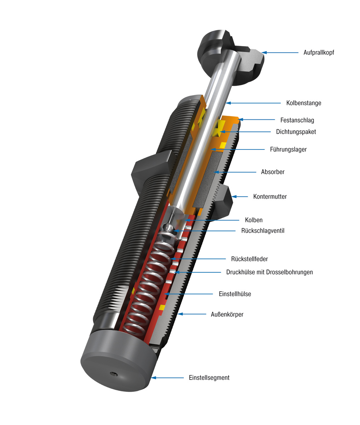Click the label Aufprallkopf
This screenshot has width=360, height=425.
pyautogui.click(x=319, y=52)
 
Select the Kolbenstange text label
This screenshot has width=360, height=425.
pyautogui.click(x=303, y=103)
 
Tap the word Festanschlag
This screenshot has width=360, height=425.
pyautogui.click(x=297, y=120)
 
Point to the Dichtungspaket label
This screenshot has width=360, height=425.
pyautogui.click(x=296, y=132)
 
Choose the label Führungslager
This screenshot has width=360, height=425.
pyautogui.click(x=288, y=149)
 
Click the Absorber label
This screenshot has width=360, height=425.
pyautogui.click(x=273, y=172)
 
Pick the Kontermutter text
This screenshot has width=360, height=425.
pyautogui.click(x=270, y=197)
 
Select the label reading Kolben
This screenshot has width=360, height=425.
pyautogui.click(x=253, y=220)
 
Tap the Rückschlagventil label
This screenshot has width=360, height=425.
pyautogui.click(x=263, y=231)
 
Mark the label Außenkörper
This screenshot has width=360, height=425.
pyautogui.click(x=227, y=314)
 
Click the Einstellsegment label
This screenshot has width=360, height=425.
pyautogui.click(x=209, y=378)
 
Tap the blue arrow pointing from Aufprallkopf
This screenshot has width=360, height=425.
pyautogui.click(x=280, y=52)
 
